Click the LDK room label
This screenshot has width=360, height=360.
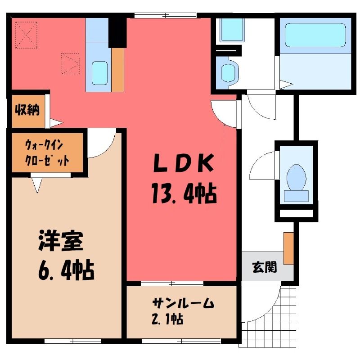(184, 163)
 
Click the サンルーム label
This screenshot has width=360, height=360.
(183, 303)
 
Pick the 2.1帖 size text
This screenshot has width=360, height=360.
(167, 319)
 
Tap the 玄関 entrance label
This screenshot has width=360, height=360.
(265, 267)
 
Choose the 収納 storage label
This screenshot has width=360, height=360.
(27, 110)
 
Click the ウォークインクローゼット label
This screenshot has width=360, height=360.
(47, 153)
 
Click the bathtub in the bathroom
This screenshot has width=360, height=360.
(315, 35)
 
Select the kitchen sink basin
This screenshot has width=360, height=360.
(99, 73)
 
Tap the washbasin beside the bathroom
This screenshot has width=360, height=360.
(230, 72)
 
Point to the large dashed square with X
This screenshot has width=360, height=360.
(27, 35)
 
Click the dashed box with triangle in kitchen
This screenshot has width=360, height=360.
(71, 63)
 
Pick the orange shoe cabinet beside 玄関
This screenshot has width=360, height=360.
(288, 248)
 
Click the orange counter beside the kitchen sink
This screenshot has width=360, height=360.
(118, 70)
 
